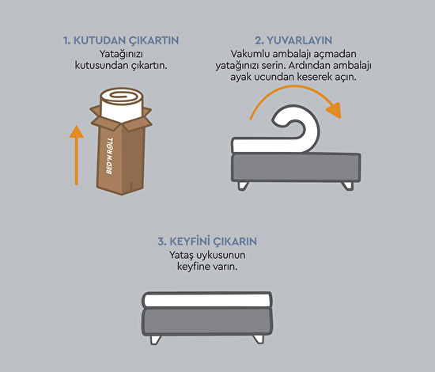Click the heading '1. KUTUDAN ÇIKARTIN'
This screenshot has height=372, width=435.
(121, 40)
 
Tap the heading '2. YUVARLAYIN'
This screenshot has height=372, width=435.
(293, 40)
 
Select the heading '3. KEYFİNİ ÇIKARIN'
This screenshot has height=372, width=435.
(207, 241)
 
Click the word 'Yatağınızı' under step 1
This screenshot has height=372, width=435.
(121, 54)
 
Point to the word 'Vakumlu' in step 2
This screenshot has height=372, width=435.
(248, 54)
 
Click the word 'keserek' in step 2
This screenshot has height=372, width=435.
(315, 77)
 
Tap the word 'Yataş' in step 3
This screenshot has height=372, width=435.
(181, 255)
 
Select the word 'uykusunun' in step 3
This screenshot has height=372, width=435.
(221, 256)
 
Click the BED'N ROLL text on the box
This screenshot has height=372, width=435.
(110, 156)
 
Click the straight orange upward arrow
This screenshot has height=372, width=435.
(77, 155)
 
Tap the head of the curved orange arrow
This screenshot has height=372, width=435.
(334, 110)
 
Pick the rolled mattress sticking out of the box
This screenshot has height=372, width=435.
(122, 105)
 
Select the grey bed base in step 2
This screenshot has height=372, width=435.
(296, 168)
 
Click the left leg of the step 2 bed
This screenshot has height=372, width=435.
(243, 186)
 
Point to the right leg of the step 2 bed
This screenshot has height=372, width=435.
(348, 186)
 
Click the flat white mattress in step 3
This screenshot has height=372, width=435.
(207, 300)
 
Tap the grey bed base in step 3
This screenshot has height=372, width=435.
(207, 322)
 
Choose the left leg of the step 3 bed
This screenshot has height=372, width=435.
(155, 340)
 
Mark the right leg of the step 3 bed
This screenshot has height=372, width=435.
(259, 340)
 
